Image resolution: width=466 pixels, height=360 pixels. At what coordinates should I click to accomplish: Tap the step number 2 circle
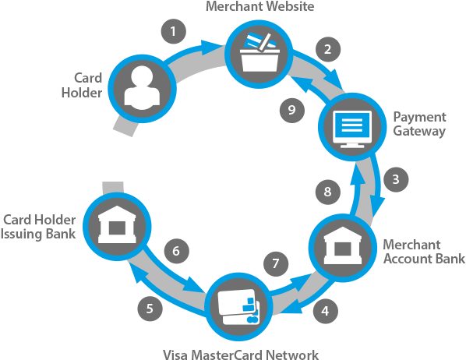pyautogui.click(x=328, y=48)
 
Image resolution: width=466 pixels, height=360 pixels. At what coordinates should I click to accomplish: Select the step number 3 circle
pyautogui.click(x=396, y=179)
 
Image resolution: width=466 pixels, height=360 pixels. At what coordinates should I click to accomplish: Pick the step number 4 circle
pyautogui.click(x=325, y=311)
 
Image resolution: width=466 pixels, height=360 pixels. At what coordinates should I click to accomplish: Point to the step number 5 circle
pyautogui.click(x=150, y=308)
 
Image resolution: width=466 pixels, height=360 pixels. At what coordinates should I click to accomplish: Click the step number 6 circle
pyautogui.click(x=177, y=251)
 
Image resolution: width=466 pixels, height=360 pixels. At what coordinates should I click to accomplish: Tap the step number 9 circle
pyautogui.click(x=291, y=110)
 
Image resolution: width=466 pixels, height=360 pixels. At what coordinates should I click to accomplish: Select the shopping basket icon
pyautogui.click(x=257, y=49)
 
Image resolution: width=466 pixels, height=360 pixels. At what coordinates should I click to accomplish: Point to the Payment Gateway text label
pyautogui.click(x=419, y=124)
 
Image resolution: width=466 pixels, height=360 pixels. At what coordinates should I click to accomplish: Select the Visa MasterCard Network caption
pyautogui.click(x=241, y=354)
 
